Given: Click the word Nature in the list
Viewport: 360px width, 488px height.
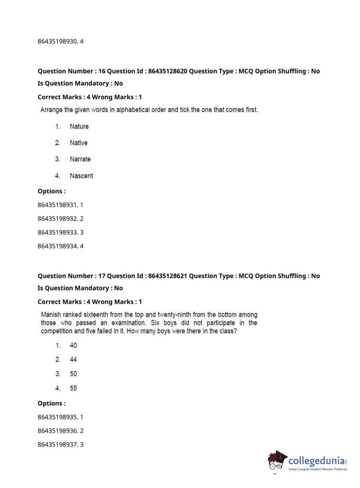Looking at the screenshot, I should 79,126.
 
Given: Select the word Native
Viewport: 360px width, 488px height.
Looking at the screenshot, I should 78,143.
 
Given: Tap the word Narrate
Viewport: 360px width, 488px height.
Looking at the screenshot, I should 80,159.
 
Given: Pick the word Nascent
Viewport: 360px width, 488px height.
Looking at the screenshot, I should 81,176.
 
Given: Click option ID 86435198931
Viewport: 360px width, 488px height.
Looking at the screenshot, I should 58,205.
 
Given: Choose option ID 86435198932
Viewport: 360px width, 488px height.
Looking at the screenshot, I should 58,218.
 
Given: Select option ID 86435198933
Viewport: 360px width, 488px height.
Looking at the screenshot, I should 58,232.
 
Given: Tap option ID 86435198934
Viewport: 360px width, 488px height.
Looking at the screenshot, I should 58,246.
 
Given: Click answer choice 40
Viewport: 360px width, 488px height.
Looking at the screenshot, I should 73,345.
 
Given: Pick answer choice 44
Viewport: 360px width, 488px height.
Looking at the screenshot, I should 73,360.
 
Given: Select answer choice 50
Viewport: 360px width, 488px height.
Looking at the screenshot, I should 73,374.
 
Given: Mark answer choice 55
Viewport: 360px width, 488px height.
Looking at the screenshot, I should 73,388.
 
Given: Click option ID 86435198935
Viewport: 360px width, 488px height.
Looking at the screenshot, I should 58,417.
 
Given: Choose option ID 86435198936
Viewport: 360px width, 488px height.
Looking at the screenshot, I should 58,431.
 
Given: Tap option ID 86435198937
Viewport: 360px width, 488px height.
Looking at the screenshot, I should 58,444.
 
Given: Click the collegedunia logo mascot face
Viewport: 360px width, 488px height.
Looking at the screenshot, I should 276,462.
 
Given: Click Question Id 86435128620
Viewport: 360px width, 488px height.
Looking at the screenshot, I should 168,71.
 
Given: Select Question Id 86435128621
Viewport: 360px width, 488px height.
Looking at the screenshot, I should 168,276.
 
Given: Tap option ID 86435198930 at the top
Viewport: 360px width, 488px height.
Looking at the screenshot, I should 58,41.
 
